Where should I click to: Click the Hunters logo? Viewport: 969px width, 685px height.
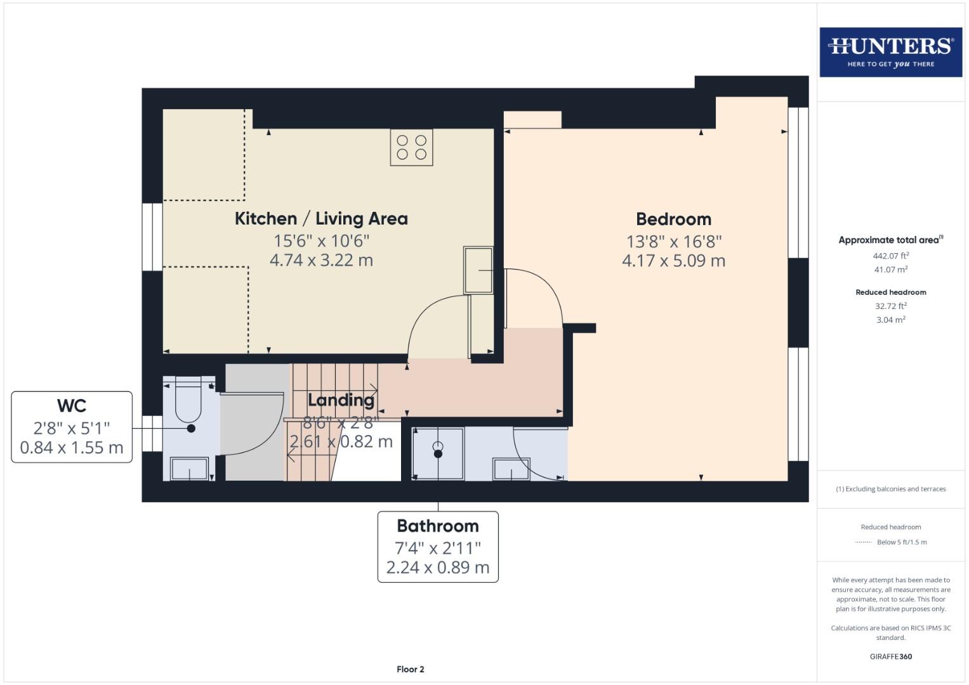(890, 52)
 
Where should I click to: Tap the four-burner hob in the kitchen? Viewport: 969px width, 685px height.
(411, 147)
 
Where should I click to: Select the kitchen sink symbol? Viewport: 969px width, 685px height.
(478, 270)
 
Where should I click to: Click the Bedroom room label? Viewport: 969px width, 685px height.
(673, 219)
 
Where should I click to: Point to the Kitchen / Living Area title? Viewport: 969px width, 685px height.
(321, 219)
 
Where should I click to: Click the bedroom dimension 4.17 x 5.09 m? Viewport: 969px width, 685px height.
(673, 261)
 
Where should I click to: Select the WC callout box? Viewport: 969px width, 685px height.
(72, 427)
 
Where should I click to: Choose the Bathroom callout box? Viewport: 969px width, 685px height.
(438, 547)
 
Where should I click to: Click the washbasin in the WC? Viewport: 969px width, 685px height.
(189, 469)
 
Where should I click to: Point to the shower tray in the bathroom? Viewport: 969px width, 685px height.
(438, 453)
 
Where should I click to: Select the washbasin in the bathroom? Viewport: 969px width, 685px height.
(511, 469)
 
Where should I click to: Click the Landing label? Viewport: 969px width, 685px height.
(341, 400)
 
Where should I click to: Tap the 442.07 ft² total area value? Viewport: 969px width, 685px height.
(890, 256)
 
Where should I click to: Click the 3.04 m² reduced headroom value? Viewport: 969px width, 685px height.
(890, 320)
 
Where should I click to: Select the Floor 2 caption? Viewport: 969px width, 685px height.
(411, 669)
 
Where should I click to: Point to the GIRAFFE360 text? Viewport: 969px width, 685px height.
(890, 656)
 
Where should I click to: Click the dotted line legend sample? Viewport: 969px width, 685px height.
(864, 542)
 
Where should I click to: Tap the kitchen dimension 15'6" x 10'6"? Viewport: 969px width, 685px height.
(321, 241)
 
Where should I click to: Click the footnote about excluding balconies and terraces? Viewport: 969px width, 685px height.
(890, 489)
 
